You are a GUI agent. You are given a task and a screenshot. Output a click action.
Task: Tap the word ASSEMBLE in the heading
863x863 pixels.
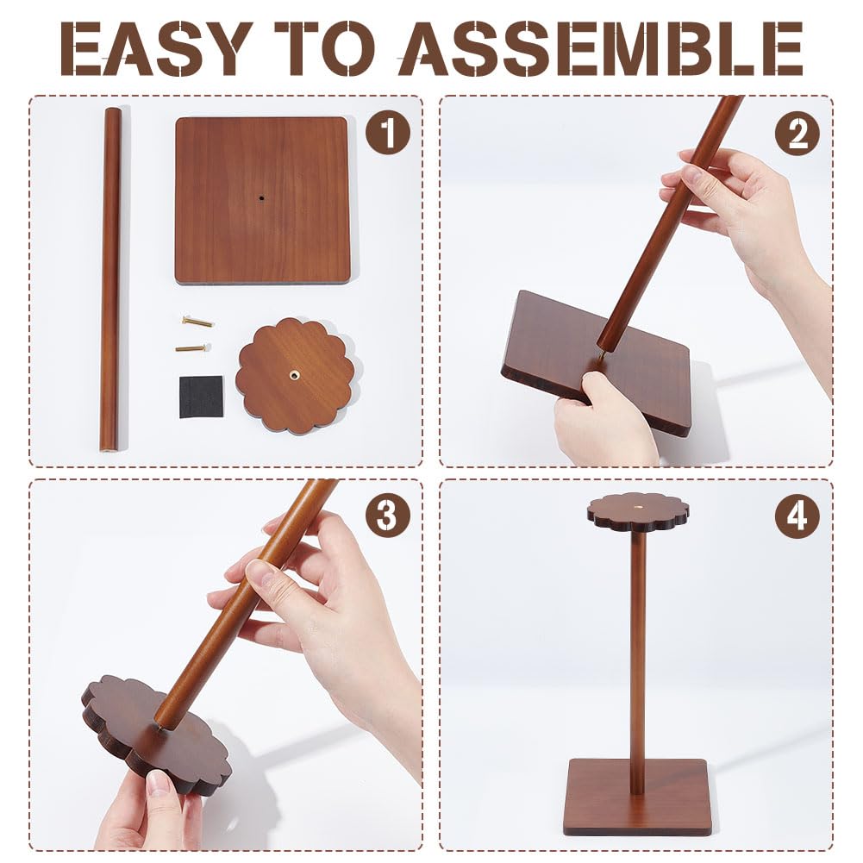click(x=599, y=48)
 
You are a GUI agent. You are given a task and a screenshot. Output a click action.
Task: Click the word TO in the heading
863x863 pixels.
click(x=326, y=48)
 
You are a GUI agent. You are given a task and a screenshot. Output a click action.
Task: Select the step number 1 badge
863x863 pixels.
click(x=389, y=133)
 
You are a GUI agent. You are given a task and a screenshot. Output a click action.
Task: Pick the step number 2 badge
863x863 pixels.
click(x=797, y=133)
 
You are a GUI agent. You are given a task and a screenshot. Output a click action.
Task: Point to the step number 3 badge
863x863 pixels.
click(x=389, y=516)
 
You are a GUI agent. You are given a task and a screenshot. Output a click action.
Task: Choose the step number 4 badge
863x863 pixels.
click(x=797, y=516)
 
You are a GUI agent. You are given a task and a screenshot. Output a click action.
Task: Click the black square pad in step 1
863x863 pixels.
click(x=202, y=397)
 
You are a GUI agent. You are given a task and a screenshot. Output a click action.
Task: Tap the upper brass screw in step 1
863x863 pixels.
click(x=197, y=322)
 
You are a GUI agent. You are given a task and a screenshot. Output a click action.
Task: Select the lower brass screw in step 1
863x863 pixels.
click(x=193, y=347)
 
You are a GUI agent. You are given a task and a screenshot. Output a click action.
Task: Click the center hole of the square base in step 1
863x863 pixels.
click(x=262, y=197)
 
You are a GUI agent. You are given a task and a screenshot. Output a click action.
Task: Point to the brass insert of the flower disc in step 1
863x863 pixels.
click(x=295, y=375)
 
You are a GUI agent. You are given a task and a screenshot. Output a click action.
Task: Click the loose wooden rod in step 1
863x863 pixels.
click(x=112, y=279)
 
